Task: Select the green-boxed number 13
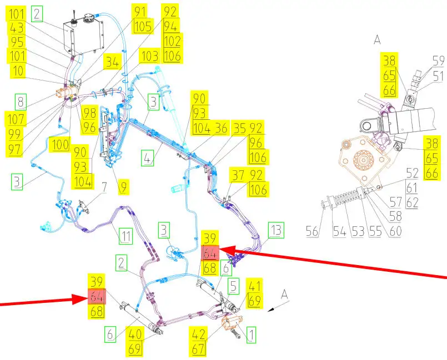(276, 229)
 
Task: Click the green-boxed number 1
(250, 334)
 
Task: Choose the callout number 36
(221, 127)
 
